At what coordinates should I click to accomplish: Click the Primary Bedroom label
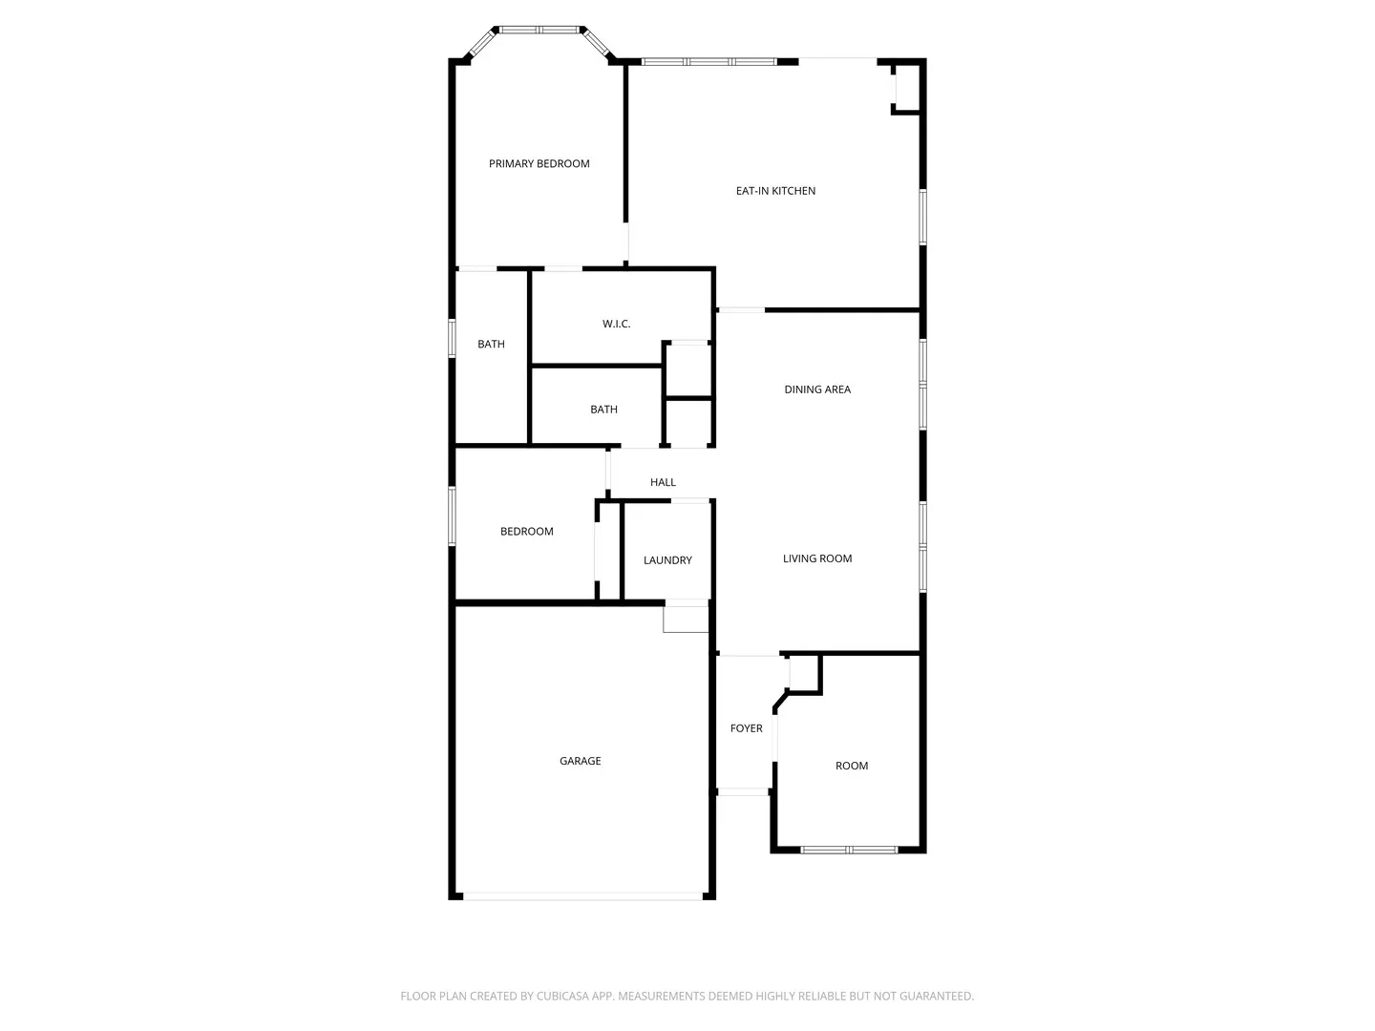tap(539, 164)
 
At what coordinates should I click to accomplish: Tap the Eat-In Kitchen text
tap(775, 191)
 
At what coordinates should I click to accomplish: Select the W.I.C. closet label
tap(616, 325)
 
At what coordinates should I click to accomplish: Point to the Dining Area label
tap(817, 389)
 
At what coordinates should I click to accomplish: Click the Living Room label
tap(817, 559)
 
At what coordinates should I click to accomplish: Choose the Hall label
tap(663, 483)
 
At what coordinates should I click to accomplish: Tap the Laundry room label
tap(667, 560)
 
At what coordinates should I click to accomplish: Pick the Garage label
tap(580, 762)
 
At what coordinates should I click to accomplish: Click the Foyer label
tap(746, 729)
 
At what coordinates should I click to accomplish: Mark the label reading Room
tap(852, 767)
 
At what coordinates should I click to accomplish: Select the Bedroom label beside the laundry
tap(526, 532)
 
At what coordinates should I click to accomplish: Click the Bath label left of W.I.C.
tap(491, 345)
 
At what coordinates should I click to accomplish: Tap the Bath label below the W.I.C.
tap(603, 410)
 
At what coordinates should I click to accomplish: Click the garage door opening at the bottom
tap(582, 896)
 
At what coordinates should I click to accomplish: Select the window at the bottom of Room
tap(848, 850)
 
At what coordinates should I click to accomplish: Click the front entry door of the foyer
tap(744, 791)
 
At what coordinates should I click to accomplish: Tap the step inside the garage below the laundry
tap(686, 620)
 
